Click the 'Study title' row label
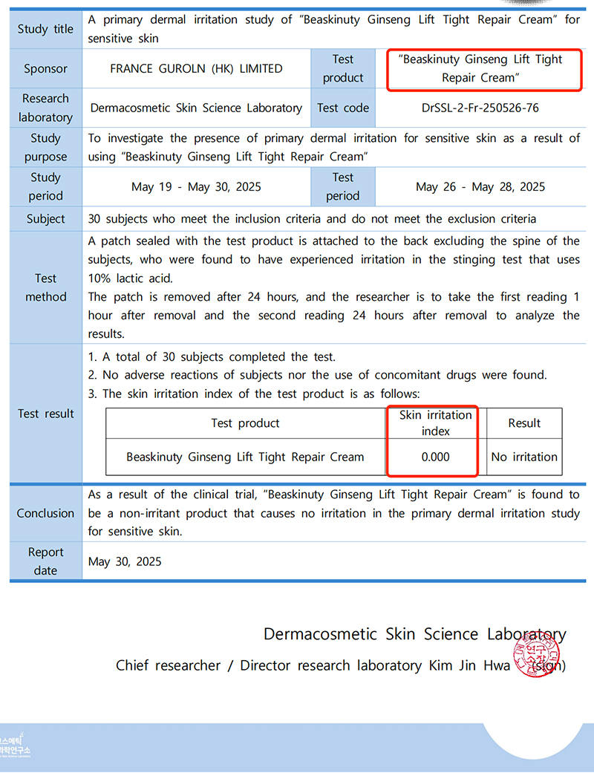[x=45, y=29]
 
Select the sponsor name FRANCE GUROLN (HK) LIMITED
[x=196, y=68]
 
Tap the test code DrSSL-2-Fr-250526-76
[x=479, y=108]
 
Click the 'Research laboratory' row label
[x=45, y=108]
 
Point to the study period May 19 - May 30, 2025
[x=196, y=186]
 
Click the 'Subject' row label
[x=45, y=219]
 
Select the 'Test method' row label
[x=45, y=287]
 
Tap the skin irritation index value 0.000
[x=435, y=457]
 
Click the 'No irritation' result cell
[x=524, y=457]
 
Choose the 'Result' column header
[x=524, y=423]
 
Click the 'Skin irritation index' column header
[x=435, y=423]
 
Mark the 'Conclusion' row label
[x=45, y=513]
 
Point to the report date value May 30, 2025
[x=125, y=561]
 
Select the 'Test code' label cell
[x=342, y=108]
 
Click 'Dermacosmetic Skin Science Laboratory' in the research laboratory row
[x=196, y=108]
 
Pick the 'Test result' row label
[x=45, y=414]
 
